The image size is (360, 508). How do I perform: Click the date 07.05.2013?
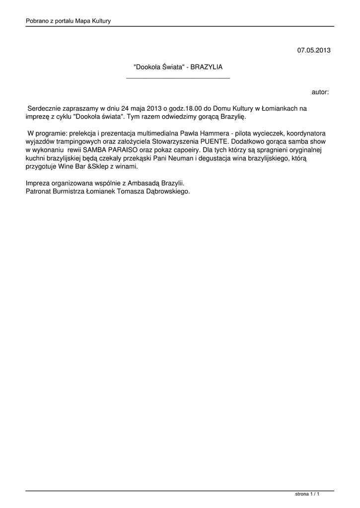(x=314, y=50)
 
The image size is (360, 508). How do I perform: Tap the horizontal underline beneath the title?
(x=178, y=78)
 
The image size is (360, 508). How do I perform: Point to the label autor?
(x=320, y=92)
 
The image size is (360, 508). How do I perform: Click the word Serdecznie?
(x=45, y=108)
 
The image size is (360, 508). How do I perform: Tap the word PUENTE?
(x=212, y=141)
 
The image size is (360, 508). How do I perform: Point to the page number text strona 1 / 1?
(x=307, y=494)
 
